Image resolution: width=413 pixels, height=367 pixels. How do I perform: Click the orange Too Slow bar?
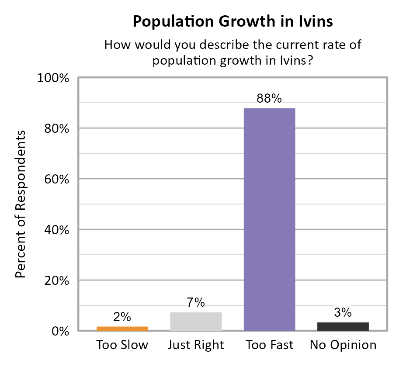[122, 329]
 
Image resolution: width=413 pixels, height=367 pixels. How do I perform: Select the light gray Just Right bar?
[196, 322]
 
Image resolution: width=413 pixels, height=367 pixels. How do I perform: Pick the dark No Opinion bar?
[343, 326]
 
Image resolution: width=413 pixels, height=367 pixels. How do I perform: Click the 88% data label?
[269, 99]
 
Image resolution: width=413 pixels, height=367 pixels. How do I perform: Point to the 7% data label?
[196, 303]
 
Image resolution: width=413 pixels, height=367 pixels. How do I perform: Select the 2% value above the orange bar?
[122, 317]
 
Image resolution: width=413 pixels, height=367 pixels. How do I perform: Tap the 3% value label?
[343, 313]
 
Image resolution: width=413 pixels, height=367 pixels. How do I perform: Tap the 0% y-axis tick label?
[60, 331]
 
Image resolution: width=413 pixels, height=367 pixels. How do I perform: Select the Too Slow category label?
[122, 345]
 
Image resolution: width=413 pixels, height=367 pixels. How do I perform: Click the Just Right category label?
[196, 345]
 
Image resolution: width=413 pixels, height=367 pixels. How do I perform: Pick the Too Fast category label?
[269, 345]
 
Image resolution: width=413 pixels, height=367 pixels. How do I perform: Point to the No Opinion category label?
[343, 345]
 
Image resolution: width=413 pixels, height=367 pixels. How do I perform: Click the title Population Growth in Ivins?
[233, 21]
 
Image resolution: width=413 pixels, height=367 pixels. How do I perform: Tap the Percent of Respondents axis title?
[20, 204]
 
